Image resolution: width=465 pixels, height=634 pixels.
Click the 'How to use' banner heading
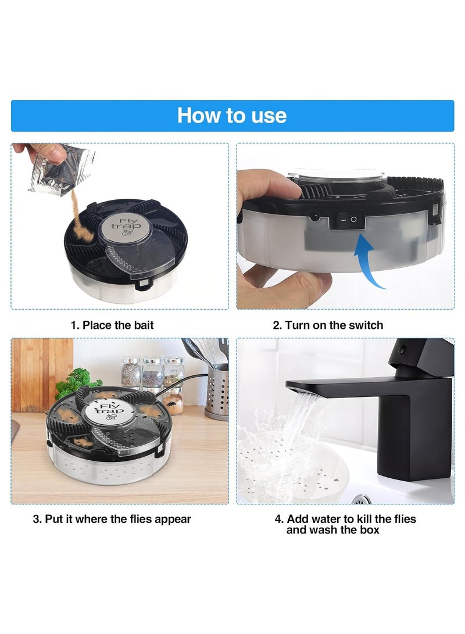point(232,115)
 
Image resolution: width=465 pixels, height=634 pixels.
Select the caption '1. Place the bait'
point(112,325)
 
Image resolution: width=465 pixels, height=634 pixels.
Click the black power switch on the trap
point(349,221)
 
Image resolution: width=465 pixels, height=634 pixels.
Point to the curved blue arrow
point(369,262)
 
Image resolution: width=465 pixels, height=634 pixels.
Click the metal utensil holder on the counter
point(217,392)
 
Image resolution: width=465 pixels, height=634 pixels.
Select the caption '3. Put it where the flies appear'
point(112,519)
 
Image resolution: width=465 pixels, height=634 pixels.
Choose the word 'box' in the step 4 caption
point(369,530)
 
